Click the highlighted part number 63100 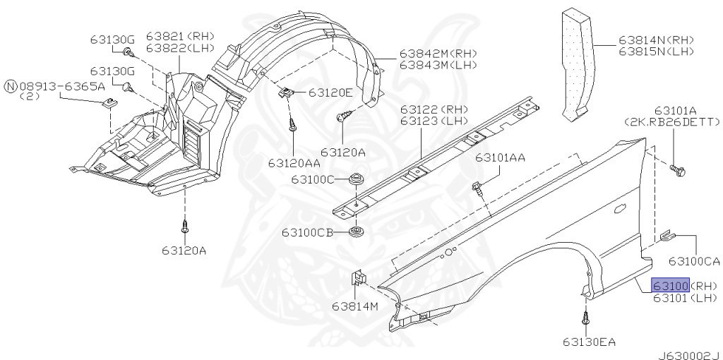[x=671, y=285]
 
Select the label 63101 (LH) [x=685, y=298]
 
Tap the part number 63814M [x=355, y=306]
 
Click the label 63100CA [x=694, y=261]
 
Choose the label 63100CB [x=307, y=232]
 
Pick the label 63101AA [x=501, y=157]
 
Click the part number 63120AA [x=294, y=163]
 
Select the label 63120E [x=330, y=92]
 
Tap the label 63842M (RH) [x=438, y=54]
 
